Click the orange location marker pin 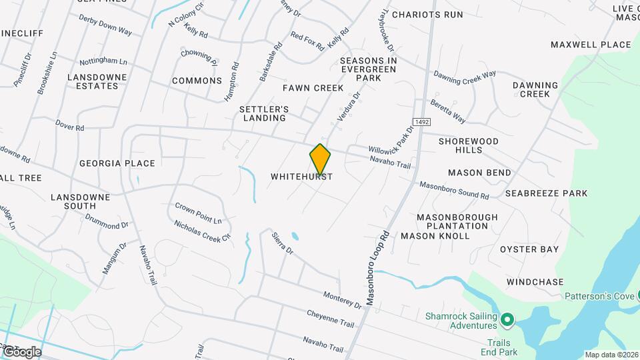[x=320, y=159]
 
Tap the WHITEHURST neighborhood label [x=301, y=177]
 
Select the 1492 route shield [x=421, y=122]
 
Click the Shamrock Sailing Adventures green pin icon [x=506, y=321]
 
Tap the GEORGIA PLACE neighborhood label [x=117, y=163]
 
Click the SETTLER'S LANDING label [x=263, y=113]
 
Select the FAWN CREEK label [x=313, y=88]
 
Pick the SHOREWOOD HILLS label [x=469, y=145]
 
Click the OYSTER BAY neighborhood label [x=529, y=249]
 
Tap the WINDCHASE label [x=535, y=282]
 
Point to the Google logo [x=21, y=352]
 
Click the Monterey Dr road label [x=341, y=299]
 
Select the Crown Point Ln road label [x=198, y=213]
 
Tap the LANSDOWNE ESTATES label [x=97, y=81]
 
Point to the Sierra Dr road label [x=282, y=243]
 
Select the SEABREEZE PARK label [x=546, y=193]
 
